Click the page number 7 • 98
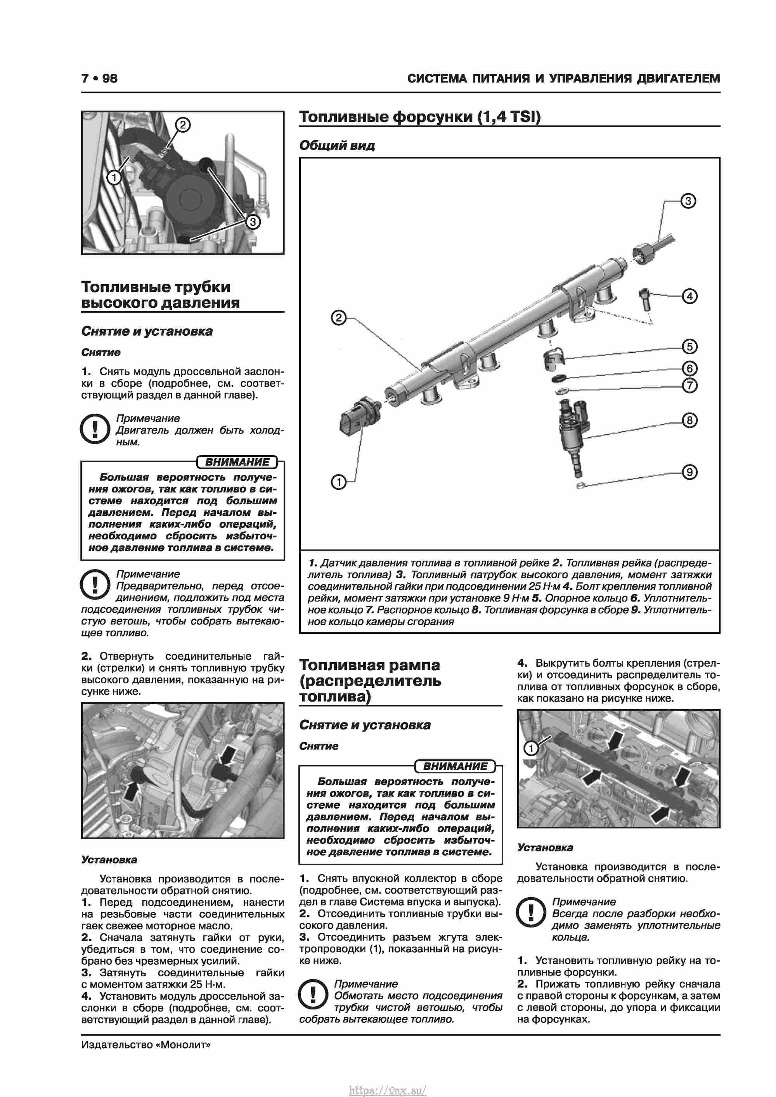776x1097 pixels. (x=99, y=78)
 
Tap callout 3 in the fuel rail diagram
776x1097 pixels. (x=688, y=201)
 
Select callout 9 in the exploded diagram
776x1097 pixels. (x=689, y=472)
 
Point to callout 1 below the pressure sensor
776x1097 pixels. (x=338, y=482)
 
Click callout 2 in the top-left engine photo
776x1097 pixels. (x=182, y=125)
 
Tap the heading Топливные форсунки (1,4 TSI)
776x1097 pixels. (x=419, y=117)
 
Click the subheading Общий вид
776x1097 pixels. (x=337, y=146)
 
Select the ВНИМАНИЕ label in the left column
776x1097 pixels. (x=237, y=462)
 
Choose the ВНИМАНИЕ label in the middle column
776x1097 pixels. (x=455, y=766)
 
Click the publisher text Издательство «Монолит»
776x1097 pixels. (x=146, y=1045)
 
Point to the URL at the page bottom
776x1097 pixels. (x=388, y=1087)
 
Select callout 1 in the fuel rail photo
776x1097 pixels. (x=531, y=748)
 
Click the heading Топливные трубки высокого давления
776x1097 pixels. (x=160, y=295)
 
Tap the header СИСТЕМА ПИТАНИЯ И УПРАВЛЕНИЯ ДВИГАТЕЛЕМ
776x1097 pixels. (x=563, y=78)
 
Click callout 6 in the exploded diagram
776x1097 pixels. (x=689, y=368)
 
